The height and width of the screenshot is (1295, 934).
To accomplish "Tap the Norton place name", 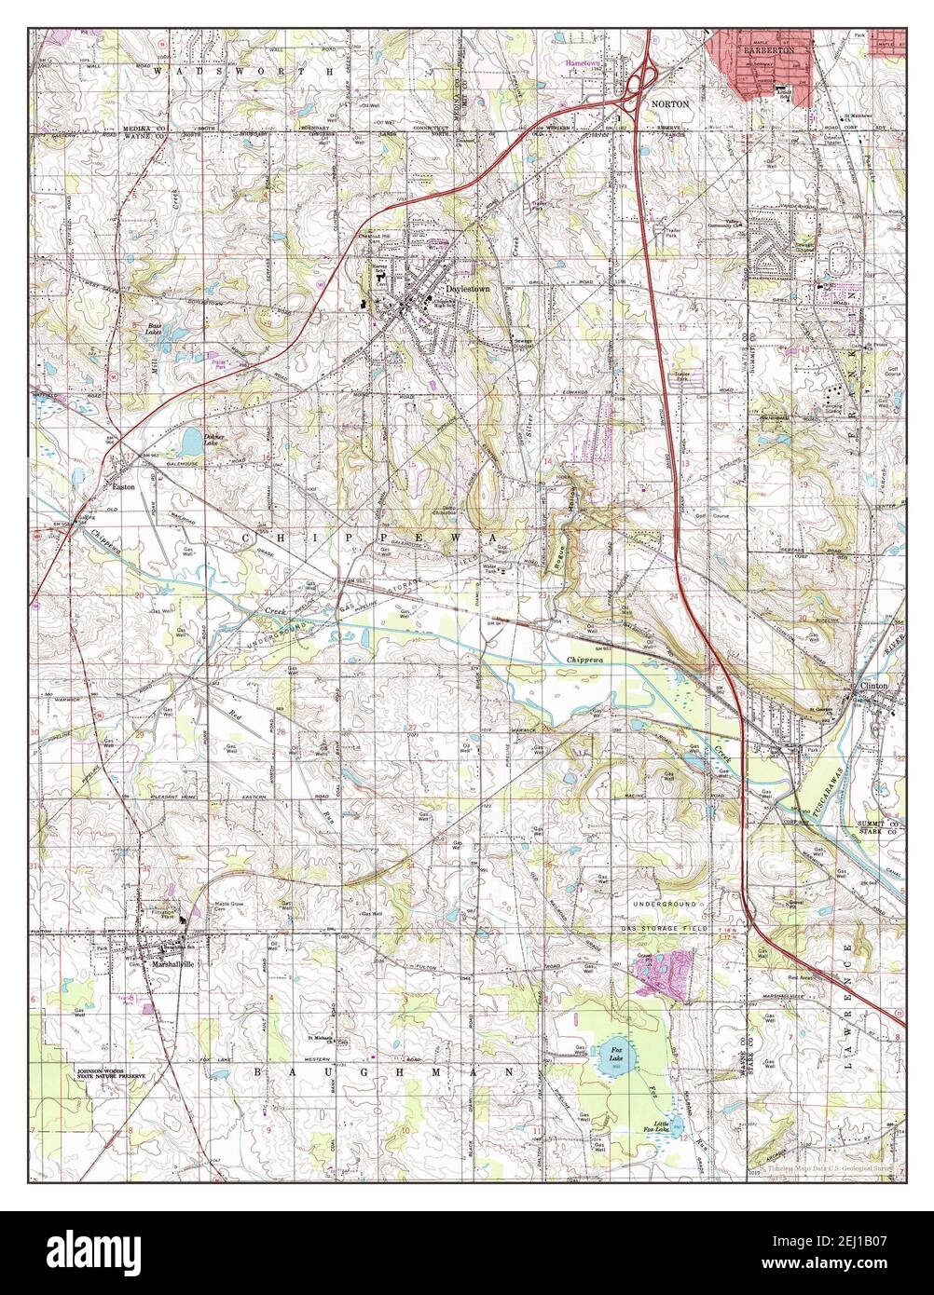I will click(670, 104).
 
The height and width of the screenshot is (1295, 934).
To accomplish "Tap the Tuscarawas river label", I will click(821, 783).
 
